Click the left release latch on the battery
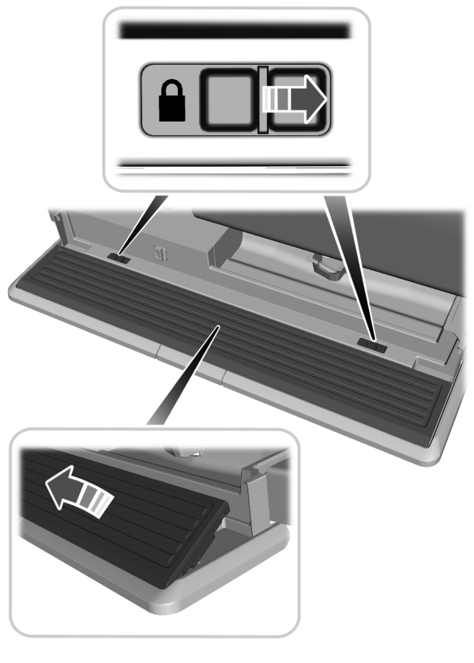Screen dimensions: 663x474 coord(121,256)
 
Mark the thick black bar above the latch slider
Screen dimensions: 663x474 coord(235,31)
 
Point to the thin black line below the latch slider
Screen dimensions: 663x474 coord(235,165)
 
